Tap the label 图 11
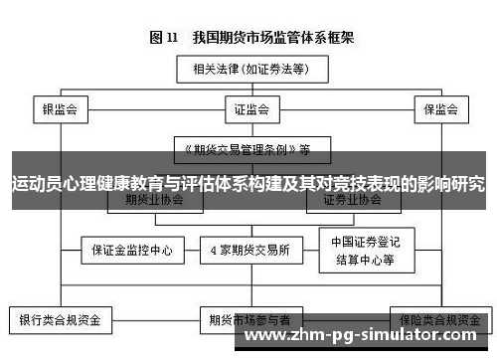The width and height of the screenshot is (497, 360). (x=163, y=38)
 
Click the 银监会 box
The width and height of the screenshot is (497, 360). (x=60, y=108)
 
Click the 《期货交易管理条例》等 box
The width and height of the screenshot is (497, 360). (x=244, y=150)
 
